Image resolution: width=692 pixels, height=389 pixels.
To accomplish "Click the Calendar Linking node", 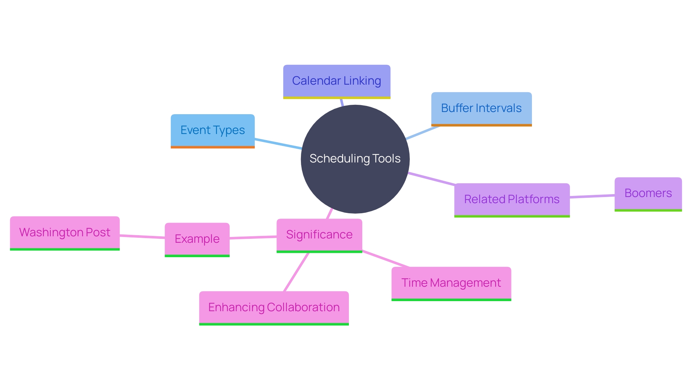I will pyautogui.click(x=337, y=81).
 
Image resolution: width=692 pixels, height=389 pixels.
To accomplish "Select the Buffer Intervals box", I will pyautogui.click(x=481, y=108).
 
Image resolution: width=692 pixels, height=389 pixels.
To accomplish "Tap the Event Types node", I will pyautogui.click(x=213, y=130).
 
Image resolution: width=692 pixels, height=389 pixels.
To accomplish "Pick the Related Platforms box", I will pyautogui.click(x=512, y=200).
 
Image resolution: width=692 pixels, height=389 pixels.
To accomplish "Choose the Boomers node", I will pyautogui.click(x=648, y=193).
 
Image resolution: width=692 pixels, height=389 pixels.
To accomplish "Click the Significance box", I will pyautogui.click(x=319, y=235).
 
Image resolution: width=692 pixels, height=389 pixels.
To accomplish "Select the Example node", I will pyautogui.click(x=197, y=239).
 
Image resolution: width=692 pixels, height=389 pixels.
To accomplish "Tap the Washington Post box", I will pyautogui.click(x=65, y=233).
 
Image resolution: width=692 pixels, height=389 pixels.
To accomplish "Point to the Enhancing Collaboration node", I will pyautogui.click(x=274, y=308).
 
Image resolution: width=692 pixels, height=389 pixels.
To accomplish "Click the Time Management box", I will pyautogui.click(x=451, y=283).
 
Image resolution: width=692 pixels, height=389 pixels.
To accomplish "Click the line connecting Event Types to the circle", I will pyautogui.click(x=278, y=144).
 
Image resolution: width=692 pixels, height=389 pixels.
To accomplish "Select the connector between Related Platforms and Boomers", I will pyautogui.click(x=592, y=196).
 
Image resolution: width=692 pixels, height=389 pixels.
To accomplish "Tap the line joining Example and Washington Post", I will pyautogui.click(x=142, y=237).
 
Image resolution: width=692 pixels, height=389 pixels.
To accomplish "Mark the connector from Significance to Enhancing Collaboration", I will pyautogui.click(x=296, y=272).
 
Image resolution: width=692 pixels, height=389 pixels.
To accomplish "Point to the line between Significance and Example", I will pyautogui.click(x=253, y=237).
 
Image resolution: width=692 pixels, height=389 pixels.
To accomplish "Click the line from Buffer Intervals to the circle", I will pyautogui.click(x=422, y=133).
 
